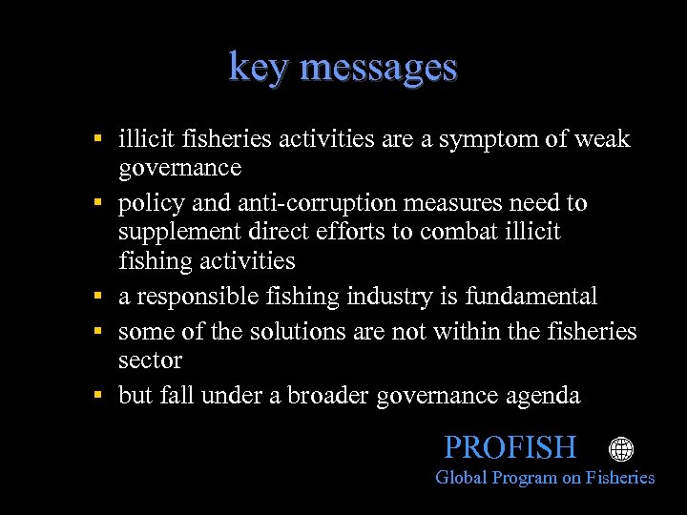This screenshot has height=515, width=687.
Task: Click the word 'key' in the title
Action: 256,69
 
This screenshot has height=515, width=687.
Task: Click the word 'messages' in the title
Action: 378,69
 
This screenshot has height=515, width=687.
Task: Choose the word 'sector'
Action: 150,360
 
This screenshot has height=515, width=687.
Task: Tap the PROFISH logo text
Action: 510,447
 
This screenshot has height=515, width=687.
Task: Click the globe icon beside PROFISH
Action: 621,449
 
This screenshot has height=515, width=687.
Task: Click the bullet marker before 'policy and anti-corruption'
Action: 98,203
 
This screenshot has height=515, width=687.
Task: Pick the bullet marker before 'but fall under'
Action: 98,396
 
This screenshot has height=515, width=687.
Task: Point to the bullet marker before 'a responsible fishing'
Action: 98,297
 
